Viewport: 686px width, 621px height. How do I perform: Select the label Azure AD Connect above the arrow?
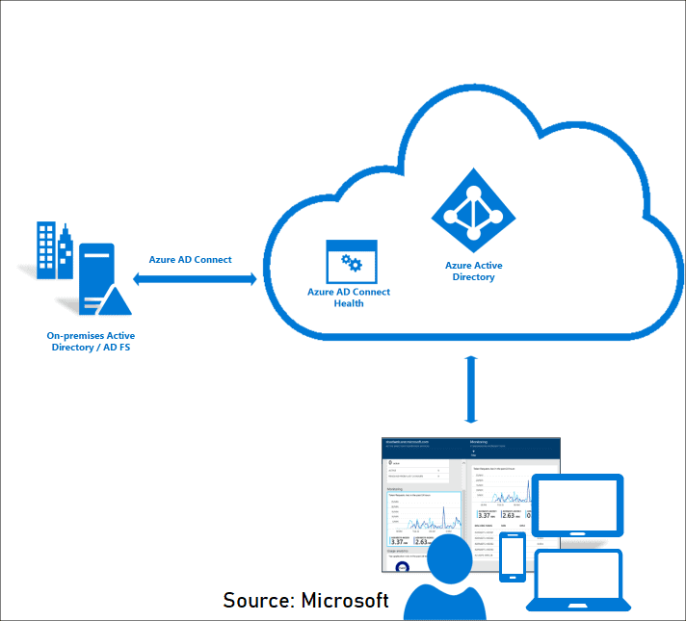[x=190, y=260]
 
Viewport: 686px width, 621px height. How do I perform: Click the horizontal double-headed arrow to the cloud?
[x=196, y=279]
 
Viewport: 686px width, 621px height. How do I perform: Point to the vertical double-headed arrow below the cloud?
[x=471, y=389]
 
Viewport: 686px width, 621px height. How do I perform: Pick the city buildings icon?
[x=54, y=250]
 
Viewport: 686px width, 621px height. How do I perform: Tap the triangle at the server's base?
[x=115, y=300]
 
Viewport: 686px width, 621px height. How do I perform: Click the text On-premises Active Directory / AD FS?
[x=91, y=341]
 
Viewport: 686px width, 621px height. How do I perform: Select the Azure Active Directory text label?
[x=473, y=272]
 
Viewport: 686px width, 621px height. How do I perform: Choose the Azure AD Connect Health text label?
[x=349, y=298]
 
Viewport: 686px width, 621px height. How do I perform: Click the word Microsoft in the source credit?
[x=345, y=600]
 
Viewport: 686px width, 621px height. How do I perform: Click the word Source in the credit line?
[x=256, y=600]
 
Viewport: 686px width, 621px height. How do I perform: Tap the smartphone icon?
[x=512, y=556]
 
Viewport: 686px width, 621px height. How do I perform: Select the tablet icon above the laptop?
[x=579, y=505]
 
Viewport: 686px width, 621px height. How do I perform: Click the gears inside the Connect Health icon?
[x=352, y=264]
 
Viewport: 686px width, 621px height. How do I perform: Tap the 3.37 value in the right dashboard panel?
[x=485, y=514]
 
